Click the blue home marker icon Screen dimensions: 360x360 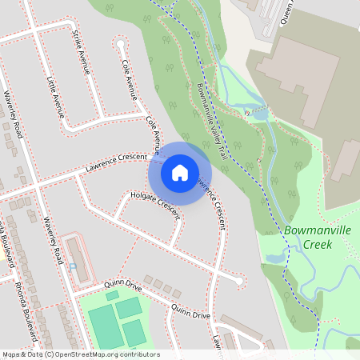click(180, 172)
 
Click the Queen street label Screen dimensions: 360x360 click(287, 10)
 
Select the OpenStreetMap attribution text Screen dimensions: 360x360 click(80, 354)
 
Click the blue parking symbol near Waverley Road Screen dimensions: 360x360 click(73, 266)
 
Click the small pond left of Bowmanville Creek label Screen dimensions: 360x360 click(274, 257)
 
